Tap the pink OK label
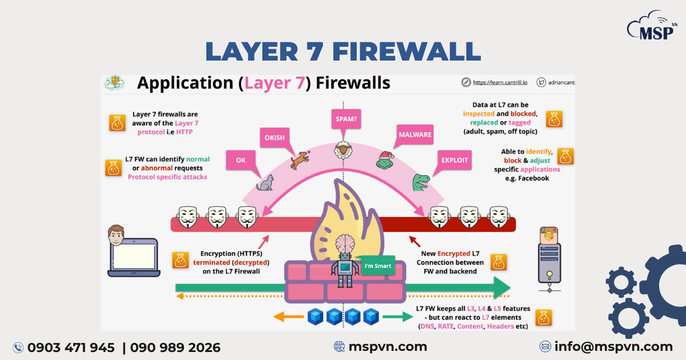[241, 161]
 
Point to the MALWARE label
[415, 135]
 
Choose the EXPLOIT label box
[454, 161]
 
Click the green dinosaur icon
[421, 182]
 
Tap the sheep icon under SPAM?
[343, 150]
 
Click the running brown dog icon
[300, 159]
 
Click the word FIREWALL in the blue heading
[406, 51]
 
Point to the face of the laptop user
[116, 234]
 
